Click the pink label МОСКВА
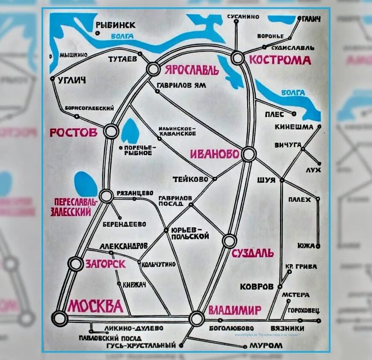(x=95, y=306)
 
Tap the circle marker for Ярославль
(x=153, y=69)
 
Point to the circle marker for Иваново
(x=248, y=154)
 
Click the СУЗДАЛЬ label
(x=253, y=253)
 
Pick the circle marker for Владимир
(x=197, y=319)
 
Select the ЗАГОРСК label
(x=106, y=264)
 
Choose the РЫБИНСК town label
(x=115, y=25)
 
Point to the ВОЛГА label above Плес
(x=293, y=92)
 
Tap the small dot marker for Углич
(x=52, y=79)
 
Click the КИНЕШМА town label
(x=295, y=127)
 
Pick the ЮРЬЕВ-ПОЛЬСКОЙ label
(x=189, y=233)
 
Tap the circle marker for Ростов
(x=111, y=132)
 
